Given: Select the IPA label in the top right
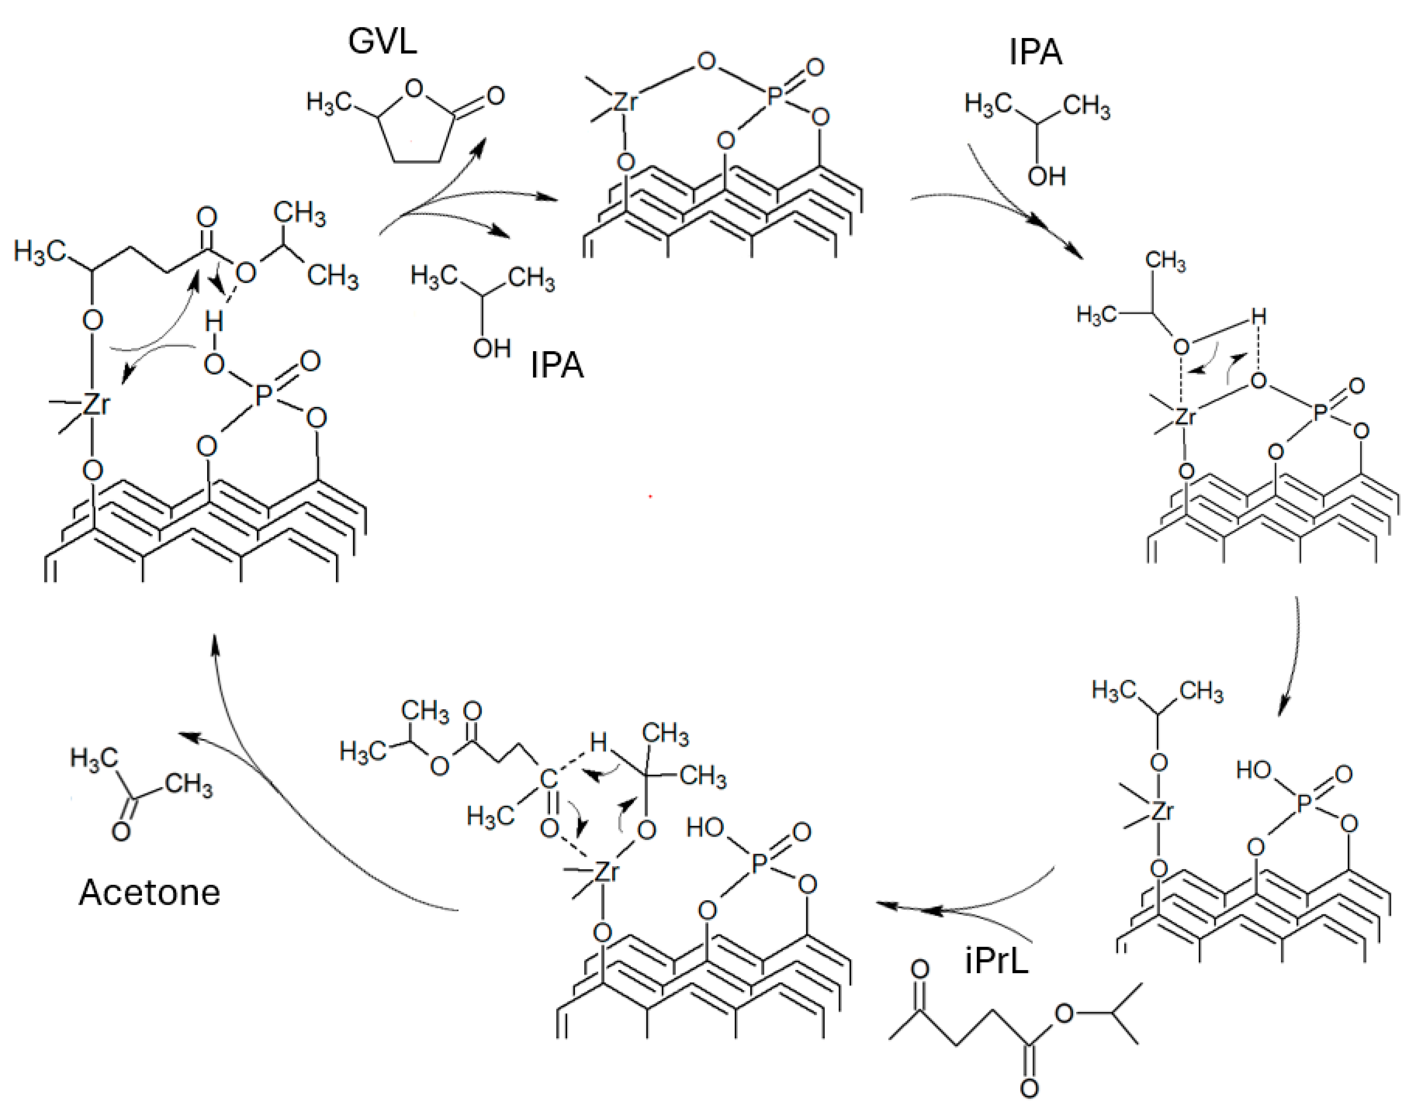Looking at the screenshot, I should (x=1035, y=52).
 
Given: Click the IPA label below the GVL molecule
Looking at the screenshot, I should (x=557, y=365).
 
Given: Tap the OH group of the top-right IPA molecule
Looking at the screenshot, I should (x=1046, y=176).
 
